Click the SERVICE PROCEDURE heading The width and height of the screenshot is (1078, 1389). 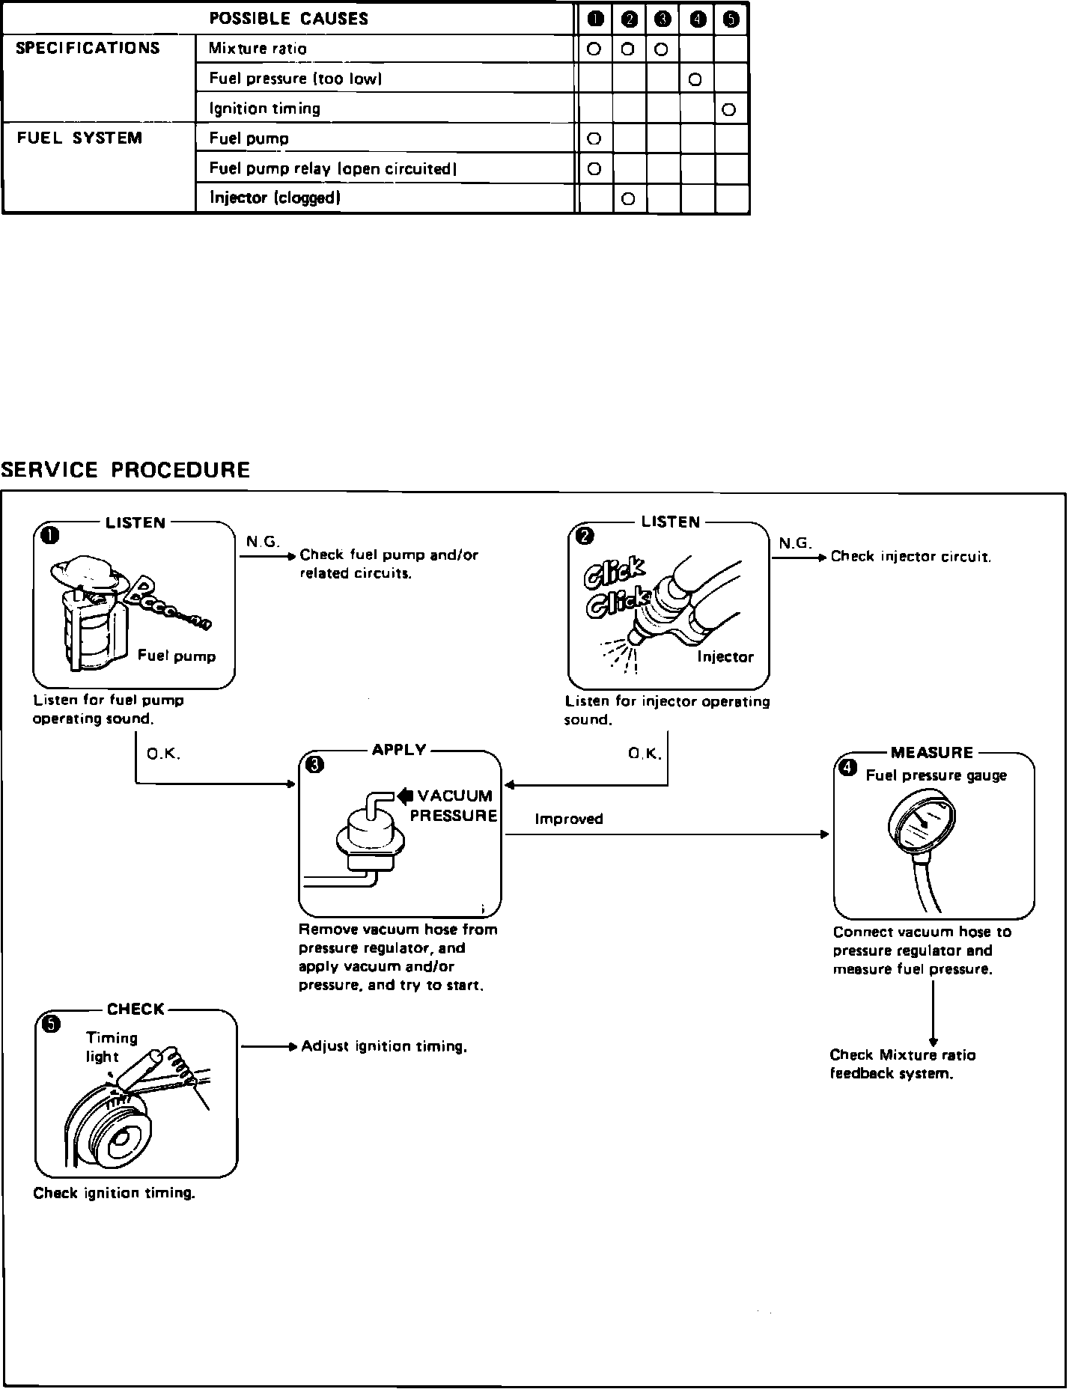[125, 470]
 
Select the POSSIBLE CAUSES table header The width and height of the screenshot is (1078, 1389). [289, 19]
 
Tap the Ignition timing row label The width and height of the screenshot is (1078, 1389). [264, 109]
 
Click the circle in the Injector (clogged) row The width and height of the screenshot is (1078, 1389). [628, 198]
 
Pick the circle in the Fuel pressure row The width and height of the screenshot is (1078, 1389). [695, 79]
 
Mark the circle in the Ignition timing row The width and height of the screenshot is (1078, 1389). [729, 109]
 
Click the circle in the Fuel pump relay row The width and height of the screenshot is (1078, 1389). [594, 168]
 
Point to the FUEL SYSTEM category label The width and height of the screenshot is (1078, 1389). [79, 138]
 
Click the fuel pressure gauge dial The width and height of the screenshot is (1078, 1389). [922, 829]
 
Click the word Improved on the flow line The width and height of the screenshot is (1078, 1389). [569, 819]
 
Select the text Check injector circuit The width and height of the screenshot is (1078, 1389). [910, 557]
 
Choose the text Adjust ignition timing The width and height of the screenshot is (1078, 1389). [384, 1046]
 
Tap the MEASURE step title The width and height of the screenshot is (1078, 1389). [932, 753]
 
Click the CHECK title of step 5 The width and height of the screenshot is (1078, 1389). [135, 1010]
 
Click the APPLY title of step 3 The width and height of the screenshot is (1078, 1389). [399, 750]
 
